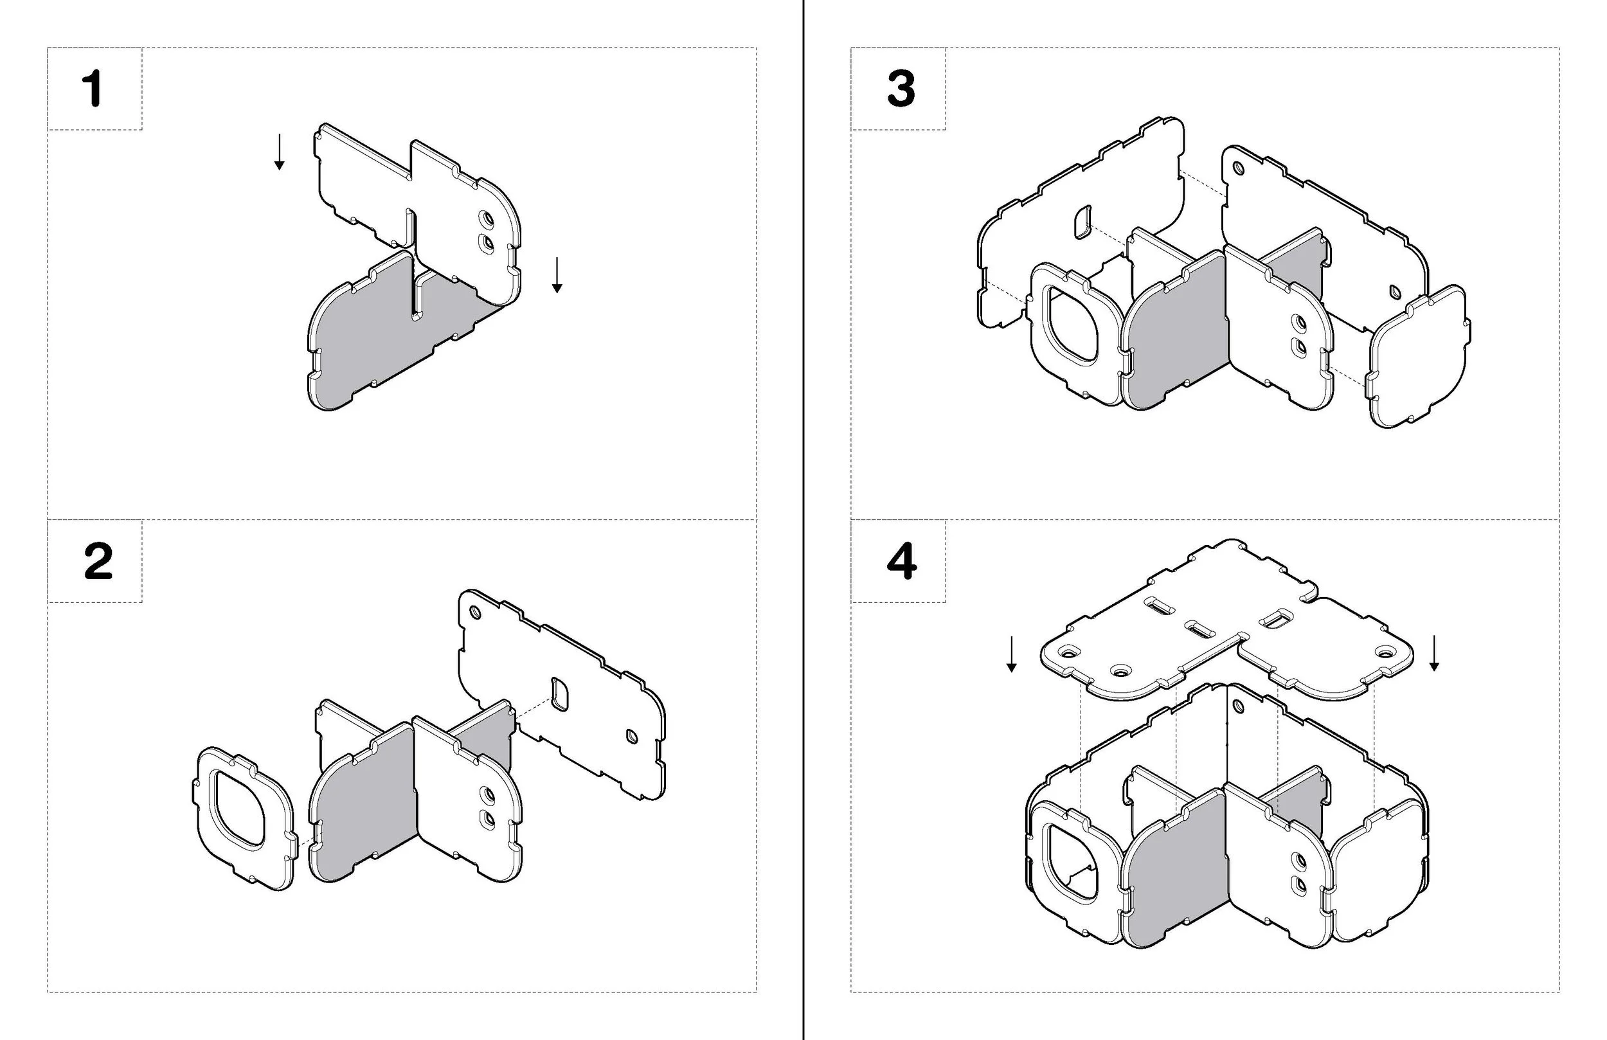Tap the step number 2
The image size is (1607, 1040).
98,562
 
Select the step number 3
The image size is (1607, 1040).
901,89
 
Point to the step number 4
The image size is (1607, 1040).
901,562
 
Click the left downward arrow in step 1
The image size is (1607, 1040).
279,152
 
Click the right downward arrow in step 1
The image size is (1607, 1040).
557,275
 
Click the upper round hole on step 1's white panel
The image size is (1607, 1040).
485,219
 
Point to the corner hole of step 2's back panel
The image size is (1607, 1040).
474,613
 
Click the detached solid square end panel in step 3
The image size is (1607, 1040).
1418,358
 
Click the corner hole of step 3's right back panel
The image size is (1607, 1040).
1238,168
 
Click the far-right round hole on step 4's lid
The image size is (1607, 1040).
1385,653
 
